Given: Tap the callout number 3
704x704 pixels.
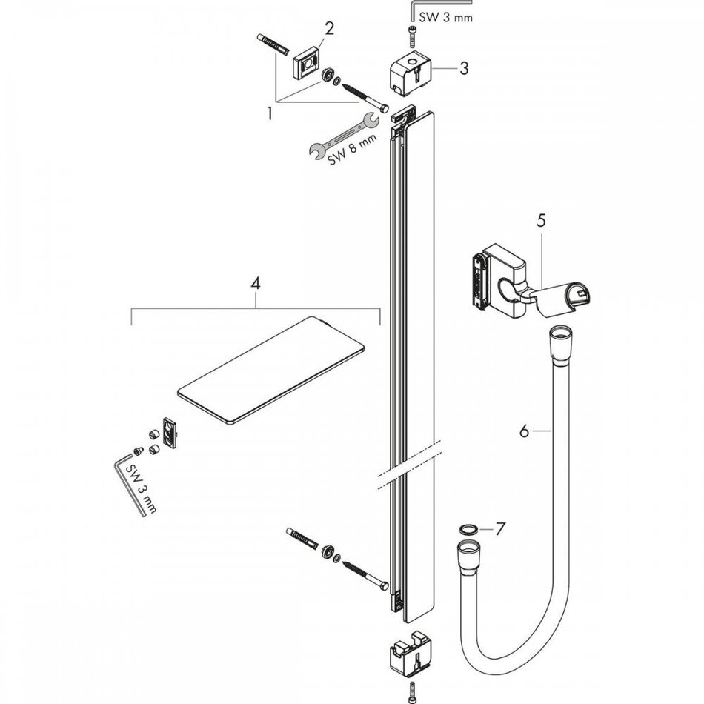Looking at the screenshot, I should point(463,69).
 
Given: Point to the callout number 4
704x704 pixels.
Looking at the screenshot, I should point(256,282).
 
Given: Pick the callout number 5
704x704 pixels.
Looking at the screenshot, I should point(541,220).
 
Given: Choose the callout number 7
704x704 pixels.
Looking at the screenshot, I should point(500,529).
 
